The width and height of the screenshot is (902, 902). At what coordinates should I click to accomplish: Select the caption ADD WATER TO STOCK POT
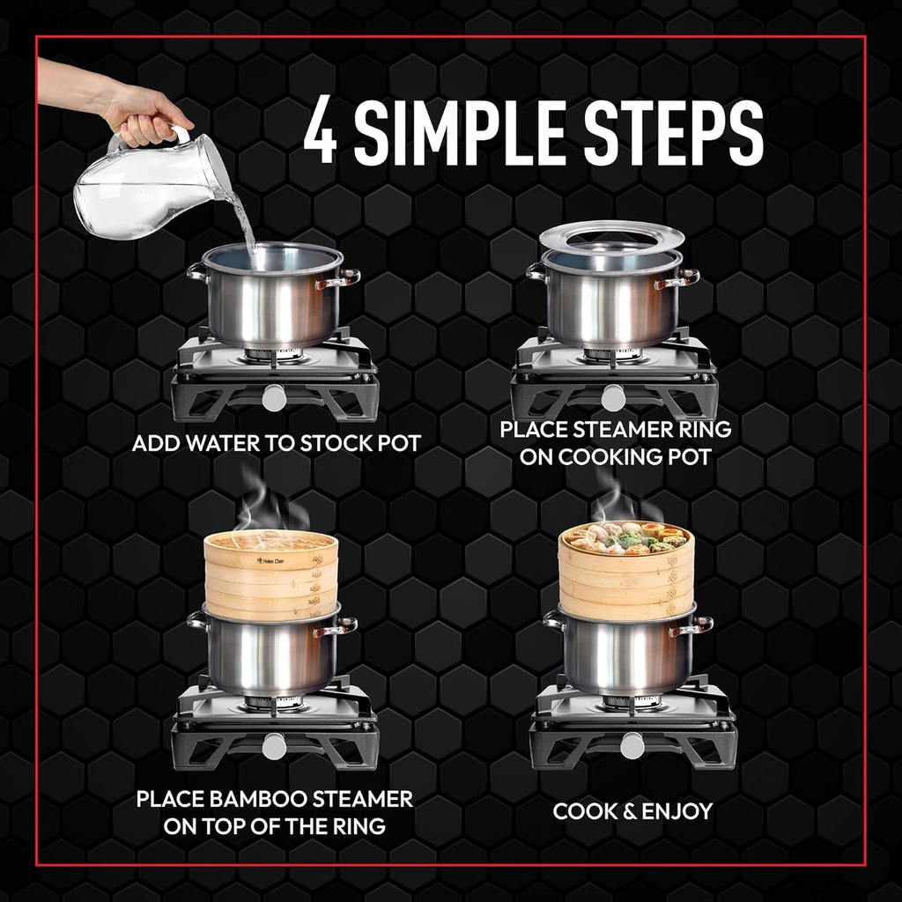(276, 442)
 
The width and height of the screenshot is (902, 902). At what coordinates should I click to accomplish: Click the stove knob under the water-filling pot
(275, 397)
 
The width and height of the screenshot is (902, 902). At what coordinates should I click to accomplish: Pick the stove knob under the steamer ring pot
(613, 397)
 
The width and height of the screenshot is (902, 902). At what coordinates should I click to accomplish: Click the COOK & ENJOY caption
(632, 811)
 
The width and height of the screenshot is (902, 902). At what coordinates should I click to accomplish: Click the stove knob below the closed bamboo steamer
(275, 746)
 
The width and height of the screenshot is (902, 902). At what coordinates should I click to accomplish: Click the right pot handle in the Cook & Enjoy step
(693, 625)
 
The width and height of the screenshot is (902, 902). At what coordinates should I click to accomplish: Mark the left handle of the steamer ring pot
(536, 271)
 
